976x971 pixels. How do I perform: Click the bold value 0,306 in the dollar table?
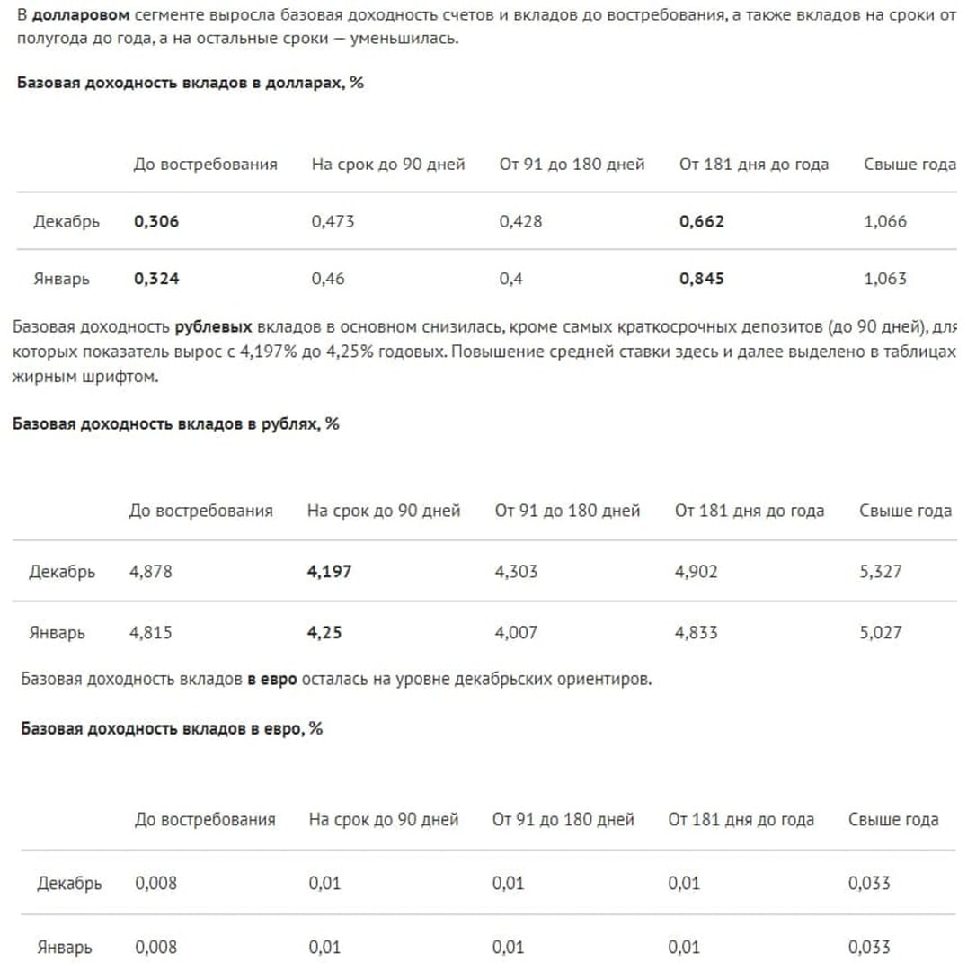[x=156, y=221]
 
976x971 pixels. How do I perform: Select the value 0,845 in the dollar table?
[x=702, y=279]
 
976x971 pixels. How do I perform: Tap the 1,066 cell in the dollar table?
[x=885, y=221]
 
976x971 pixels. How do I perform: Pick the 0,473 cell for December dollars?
[x=333, y=221]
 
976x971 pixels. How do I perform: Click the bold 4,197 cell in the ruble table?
[x=330, y=572]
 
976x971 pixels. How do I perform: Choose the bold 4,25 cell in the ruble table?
[x=324, y=633]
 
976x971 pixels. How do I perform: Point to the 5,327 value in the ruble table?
[x=881, y=572]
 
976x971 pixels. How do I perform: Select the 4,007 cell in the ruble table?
[x=516, y=633]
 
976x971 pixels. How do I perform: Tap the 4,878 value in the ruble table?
[x=150, y=572]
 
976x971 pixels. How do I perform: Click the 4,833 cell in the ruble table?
[x=697, y=633]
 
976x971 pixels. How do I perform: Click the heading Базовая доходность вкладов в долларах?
[x=190, y=83]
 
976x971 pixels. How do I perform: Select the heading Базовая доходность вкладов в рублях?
[x=175, y=424]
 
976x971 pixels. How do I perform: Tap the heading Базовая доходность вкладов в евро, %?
[x=172, y=729]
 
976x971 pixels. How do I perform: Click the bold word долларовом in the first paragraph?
[x=81, y=15]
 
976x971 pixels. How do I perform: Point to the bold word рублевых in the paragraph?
[x=213, y=328]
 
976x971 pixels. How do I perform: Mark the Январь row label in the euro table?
[x=65, y=948]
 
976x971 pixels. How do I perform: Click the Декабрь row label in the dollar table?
[x=67, y=221]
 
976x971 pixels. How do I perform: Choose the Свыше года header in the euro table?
[x=893, y=820]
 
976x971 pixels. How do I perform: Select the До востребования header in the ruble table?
[x=200, y=512]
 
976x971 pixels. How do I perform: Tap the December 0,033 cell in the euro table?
[x=869, y=884]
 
